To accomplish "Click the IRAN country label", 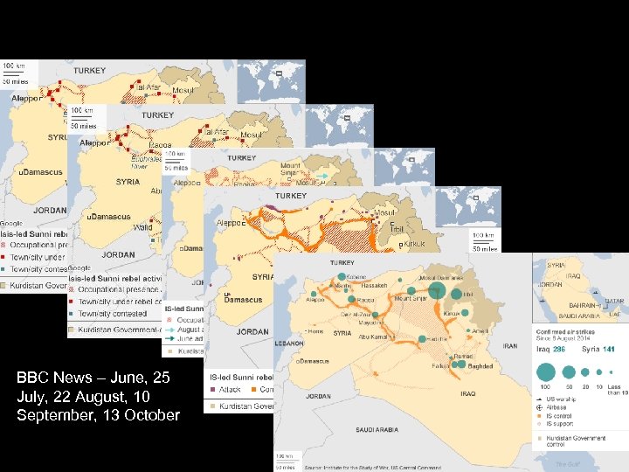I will (x=510, y=346).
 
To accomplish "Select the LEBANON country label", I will (x=289, y=344).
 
